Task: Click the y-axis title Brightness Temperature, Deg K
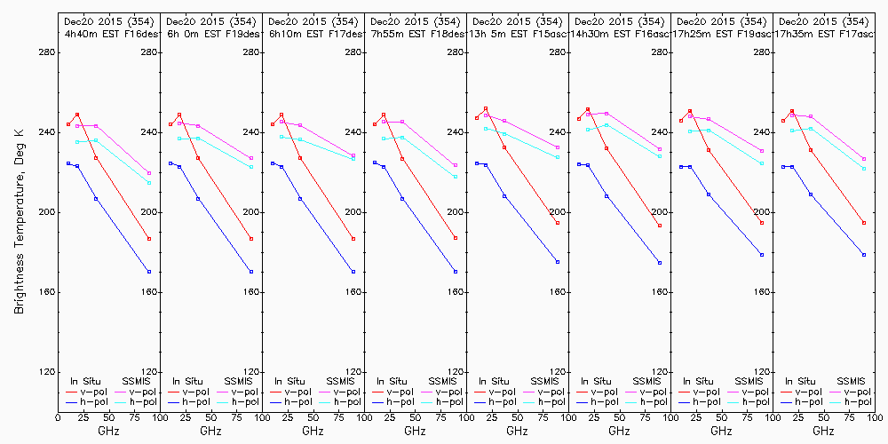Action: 19,222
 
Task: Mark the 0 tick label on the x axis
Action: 59,416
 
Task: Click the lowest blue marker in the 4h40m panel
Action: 149,272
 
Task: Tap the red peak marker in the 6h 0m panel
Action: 179,115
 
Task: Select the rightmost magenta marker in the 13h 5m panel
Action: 558,147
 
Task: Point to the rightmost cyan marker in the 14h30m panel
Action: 660,155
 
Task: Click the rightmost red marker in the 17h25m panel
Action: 762,223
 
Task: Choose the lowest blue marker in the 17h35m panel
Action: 864,255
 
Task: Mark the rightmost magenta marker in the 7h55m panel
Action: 456,165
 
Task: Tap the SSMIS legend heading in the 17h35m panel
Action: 852,381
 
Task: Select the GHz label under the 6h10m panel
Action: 313,431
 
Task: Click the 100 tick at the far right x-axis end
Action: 876,416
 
